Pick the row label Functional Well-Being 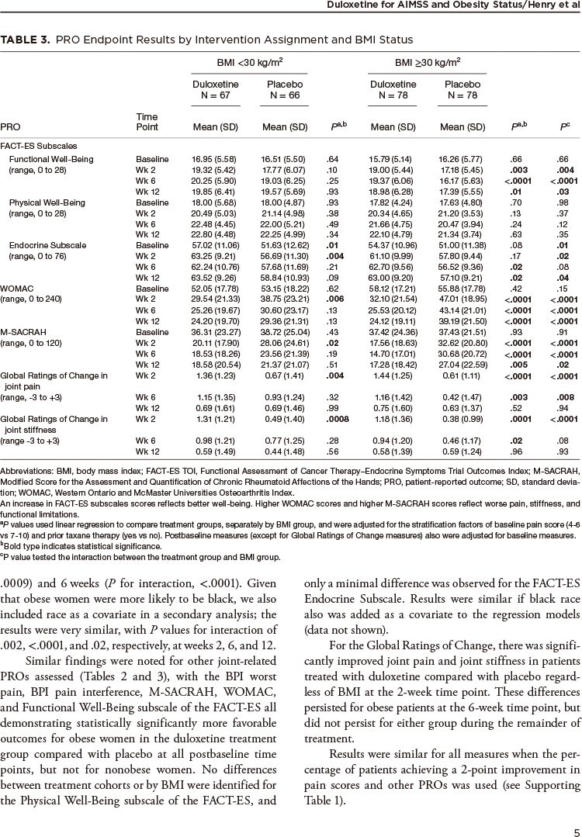[50, 159]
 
